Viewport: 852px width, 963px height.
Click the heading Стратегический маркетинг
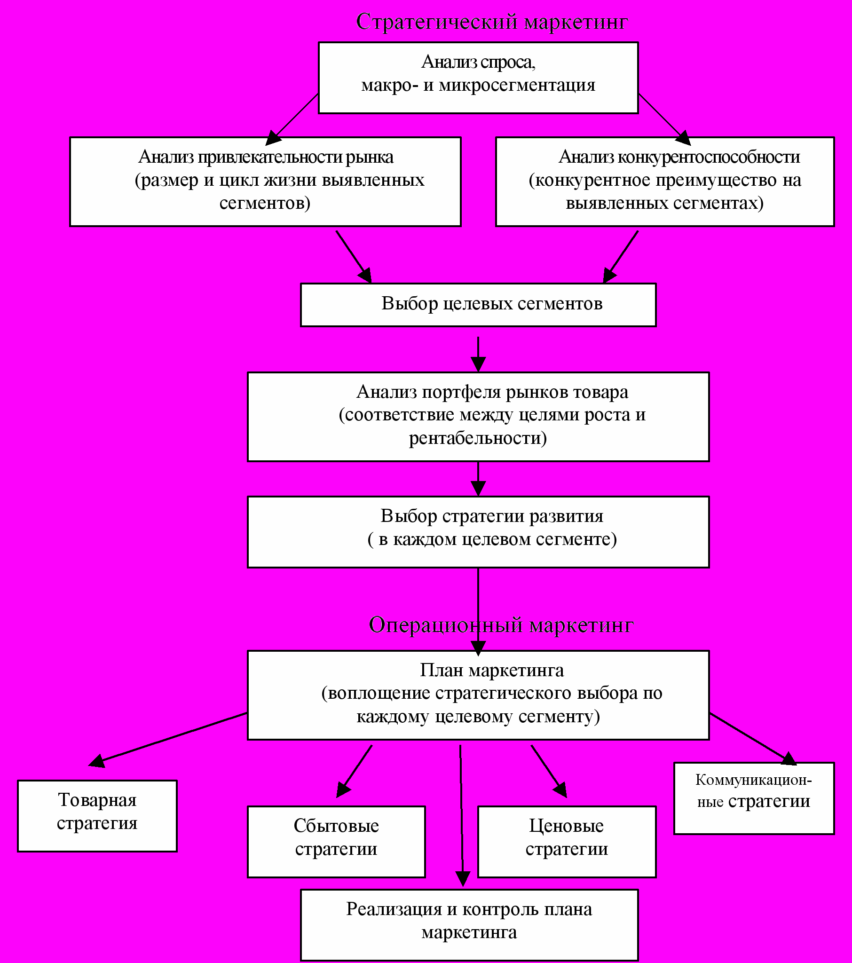point(492,22)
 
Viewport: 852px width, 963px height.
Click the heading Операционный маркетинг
point(501,625)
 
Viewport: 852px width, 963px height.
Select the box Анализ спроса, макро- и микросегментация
point(478,78)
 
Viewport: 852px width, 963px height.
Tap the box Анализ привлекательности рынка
point(265,182)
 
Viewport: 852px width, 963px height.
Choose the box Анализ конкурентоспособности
point(665,182)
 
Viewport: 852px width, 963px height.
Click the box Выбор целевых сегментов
point(478,305)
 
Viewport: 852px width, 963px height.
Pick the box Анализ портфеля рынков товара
point(478,417)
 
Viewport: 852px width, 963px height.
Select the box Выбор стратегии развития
point(478,532)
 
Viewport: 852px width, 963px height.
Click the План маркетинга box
point(478,695)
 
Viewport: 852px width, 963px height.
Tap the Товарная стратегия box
point(97,816)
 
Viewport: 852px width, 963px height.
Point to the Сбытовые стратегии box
point(337,842)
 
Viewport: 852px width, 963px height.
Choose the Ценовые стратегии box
point(567,842)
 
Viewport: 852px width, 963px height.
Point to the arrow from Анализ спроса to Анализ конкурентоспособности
point(664,119)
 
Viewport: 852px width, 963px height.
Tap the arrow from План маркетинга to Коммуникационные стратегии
point(753,739)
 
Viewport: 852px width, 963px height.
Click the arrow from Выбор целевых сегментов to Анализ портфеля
point(478,355)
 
